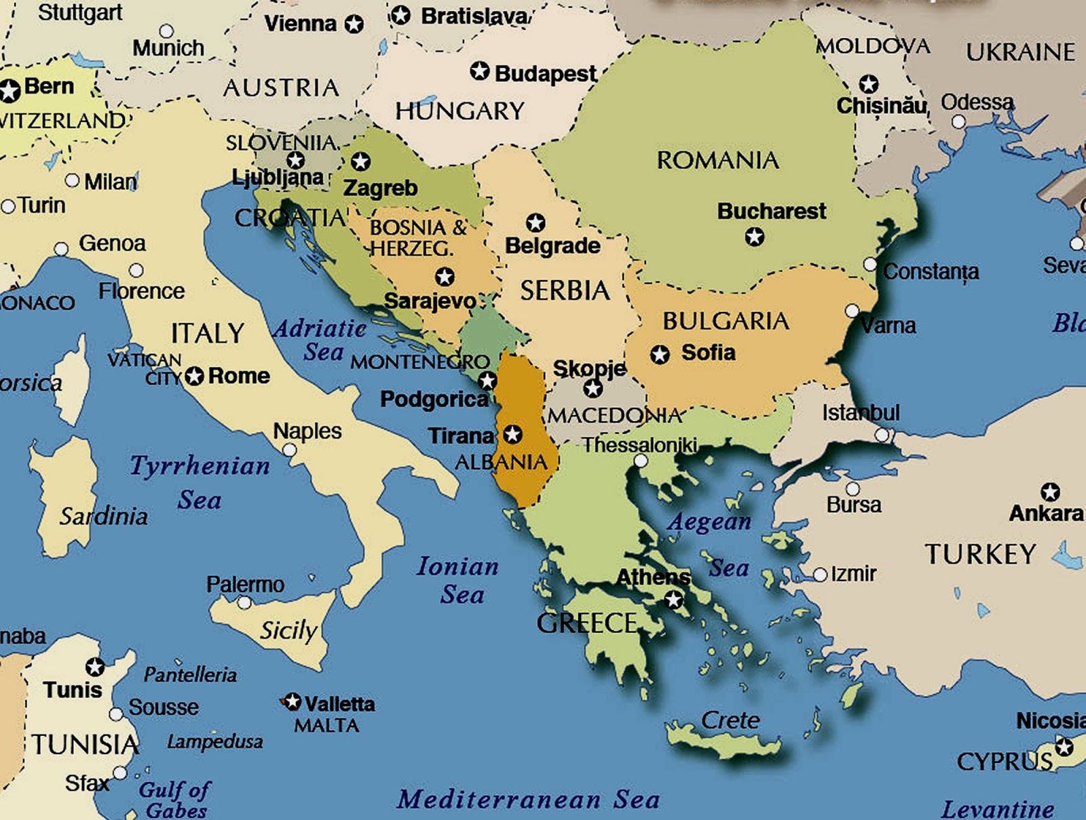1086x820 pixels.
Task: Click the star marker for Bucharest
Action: pyautogui.click(x=754, y=237)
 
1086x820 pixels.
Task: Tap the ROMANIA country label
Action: pyautogui.click(x=717, y=160)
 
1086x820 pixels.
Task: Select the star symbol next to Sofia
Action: pyautogui.click(x=660, y=354)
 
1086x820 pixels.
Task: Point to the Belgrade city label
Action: pyautogui.click(x=553, y=246)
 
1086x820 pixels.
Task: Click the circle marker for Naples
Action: pyautogui.click(x=290, y=450)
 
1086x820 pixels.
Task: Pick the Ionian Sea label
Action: pyautogui.click(x=457, y=580)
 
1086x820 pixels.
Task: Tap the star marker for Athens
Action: pyautogui.click(x=673, y=600)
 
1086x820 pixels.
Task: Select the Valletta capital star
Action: pyautogui.click(x=293, y=701)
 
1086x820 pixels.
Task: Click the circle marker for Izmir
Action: pyautogui.click(x=820, y=574)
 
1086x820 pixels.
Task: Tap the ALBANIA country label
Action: pyautogui.click(x=501, y=463)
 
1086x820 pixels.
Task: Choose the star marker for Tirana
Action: pyautogui.click(x=512, y=434)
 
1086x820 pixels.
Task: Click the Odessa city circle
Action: pyautogui.click(x=958, y=122)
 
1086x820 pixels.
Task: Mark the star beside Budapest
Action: pyautogui.click(x=480, y=71)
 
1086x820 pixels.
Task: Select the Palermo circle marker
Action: pyautogui.click(x=244, y=602)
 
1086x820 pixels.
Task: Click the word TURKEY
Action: pyautogui.click(x=980, y=554)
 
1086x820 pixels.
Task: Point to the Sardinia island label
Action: pyautogui.click(x=103, y=516)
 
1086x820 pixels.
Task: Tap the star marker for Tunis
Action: pyautogui.click(x=94, y=667)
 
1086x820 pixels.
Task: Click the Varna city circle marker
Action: pyautogui.click(x=853, y=311)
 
